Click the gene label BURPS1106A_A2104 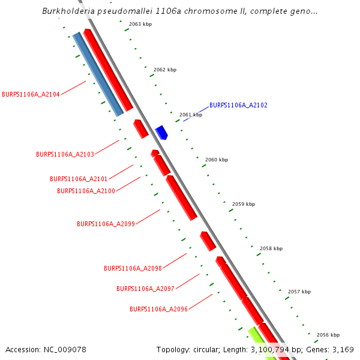31,94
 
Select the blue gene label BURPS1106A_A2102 238,105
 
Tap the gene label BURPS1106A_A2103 65,154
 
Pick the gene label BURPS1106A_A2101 79,179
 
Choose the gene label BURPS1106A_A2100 86,191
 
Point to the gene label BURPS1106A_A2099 106,224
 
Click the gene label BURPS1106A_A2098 133,268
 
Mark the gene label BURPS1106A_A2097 145,289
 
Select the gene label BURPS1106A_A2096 158,309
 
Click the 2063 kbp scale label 140,25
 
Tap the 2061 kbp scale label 191,115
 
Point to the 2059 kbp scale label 244,204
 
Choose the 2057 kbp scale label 299,292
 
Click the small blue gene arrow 161,132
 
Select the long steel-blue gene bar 98,74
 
